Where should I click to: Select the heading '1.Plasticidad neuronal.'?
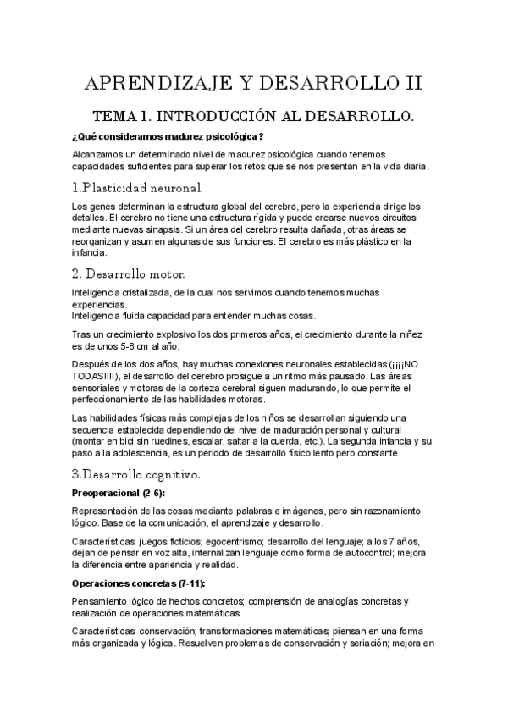click(x=137, y=186)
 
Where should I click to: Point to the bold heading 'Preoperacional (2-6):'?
click(x=119, y=493)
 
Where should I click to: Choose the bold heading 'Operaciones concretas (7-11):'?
click(x=138, y=583)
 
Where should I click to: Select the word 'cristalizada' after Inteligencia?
click(x=146, y=292)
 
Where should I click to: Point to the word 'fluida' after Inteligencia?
click(x=130, y=316)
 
